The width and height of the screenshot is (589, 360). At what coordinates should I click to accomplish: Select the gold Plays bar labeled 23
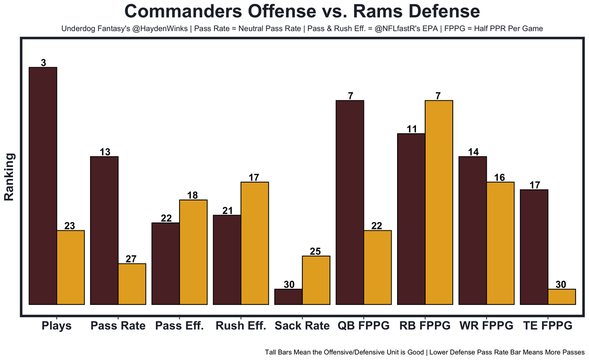click(x=70, y=267)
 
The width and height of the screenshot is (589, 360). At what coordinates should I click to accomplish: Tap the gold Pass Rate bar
click(x=132, y=284)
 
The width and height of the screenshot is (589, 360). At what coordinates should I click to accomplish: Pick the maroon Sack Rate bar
click(x=289, y=297)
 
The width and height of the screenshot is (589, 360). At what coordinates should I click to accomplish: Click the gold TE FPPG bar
click(x=561, y=297)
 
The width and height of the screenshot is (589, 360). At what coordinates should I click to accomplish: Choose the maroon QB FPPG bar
click(x=350, y=202)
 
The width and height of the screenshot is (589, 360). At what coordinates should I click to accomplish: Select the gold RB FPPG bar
click(x=439, y=202)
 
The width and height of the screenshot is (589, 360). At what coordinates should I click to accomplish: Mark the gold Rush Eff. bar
click(x=254, y=243)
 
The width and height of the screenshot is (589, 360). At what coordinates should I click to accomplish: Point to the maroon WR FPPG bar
click(x=473, y=230)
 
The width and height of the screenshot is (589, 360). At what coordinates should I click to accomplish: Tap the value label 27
click(x=131, y=259)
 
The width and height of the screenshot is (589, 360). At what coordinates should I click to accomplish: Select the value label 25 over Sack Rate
click(x=315, y=251)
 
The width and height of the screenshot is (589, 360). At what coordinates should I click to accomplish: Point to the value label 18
click(x=192, y=195)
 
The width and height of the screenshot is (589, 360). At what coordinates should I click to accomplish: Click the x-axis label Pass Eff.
click(x=179, y=326)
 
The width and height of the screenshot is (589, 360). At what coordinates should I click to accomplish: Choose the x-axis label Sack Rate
click(x=302, y=326)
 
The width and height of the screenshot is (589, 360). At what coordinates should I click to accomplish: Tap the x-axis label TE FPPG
click(x=548, y=326)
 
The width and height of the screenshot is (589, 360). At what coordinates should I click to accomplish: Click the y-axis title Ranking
click(x=9, y=177)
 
